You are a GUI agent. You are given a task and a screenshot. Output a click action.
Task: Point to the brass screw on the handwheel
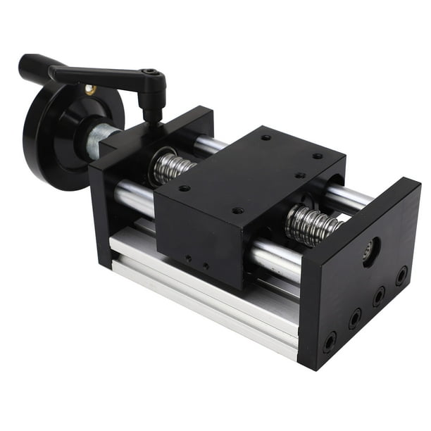(89, 89)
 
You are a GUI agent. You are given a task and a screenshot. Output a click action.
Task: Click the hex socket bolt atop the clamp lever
(149, 73)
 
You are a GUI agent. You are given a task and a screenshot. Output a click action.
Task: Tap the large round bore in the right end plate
(370, 250)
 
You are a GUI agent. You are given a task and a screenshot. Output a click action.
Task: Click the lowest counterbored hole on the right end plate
(329, 343)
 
